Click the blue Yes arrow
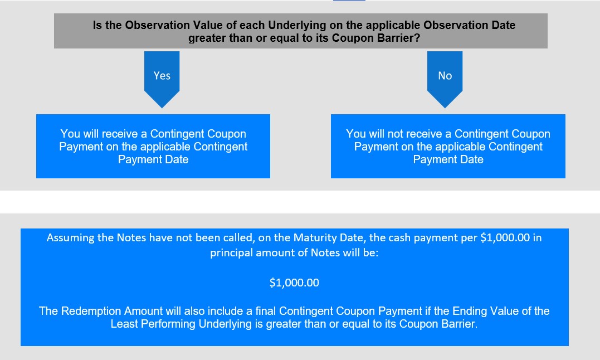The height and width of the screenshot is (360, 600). click(x=162, y=79)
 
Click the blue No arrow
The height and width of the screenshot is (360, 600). click(x=445, y=79)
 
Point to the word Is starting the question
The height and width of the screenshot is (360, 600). click(x=97, y=25)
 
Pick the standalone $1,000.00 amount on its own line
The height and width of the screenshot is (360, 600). click(x=294, y=283)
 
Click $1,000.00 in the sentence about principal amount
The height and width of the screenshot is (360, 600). click(x=505, y=237)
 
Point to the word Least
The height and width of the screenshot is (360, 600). click(x=124, y=324)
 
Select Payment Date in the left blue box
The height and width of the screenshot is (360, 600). click(x=153, y=159)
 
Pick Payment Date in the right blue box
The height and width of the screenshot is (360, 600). click(x=448, y=159)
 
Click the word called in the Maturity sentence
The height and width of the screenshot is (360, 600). click(x=240, y=237)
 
